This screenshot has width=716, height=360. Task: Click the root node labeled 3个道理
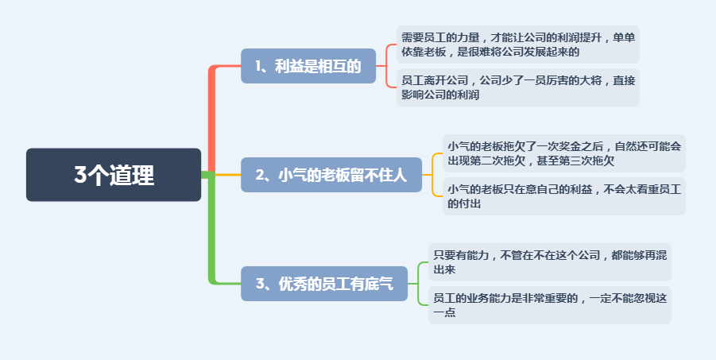click(114, 175)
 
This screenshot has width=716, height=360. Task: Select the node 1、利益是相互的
click(308, 66)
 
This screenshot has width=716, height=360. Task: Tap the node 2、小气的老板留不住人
click(331, 175)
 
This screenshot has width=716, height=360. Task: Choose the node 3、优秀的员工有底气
click(323, 283)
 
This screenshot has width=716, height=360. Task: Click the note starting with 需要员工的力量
click(518, 45)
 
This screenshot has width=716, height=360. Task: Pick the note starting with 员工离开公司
click(518, 87)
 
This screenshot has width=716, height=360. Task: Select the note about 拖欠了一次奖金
click(564, 153)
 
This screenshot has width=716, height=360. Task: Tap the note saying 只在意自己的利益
click(564, 196)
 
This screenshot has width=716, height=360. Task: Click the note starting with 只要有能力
click(550, 261)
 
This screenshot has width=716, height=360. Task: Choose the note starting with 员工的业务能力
click(550, 304)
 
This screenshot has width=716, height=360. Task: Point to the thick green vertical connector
click(211, 228)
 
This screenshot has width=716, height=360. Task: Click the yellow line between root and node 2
click(228, 175)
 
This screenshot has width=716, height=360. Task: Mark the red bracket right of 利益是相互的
click(386, 66)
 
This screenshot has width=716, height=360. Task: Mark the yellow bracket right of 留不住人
click(432, 175)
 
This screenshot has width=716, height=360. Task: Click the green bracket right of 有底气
click(418, 283)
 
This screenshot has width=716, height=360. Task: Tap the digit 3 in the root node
click(80, 175)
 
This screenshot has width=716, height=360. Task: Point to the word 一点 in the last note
click(444, 312)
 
